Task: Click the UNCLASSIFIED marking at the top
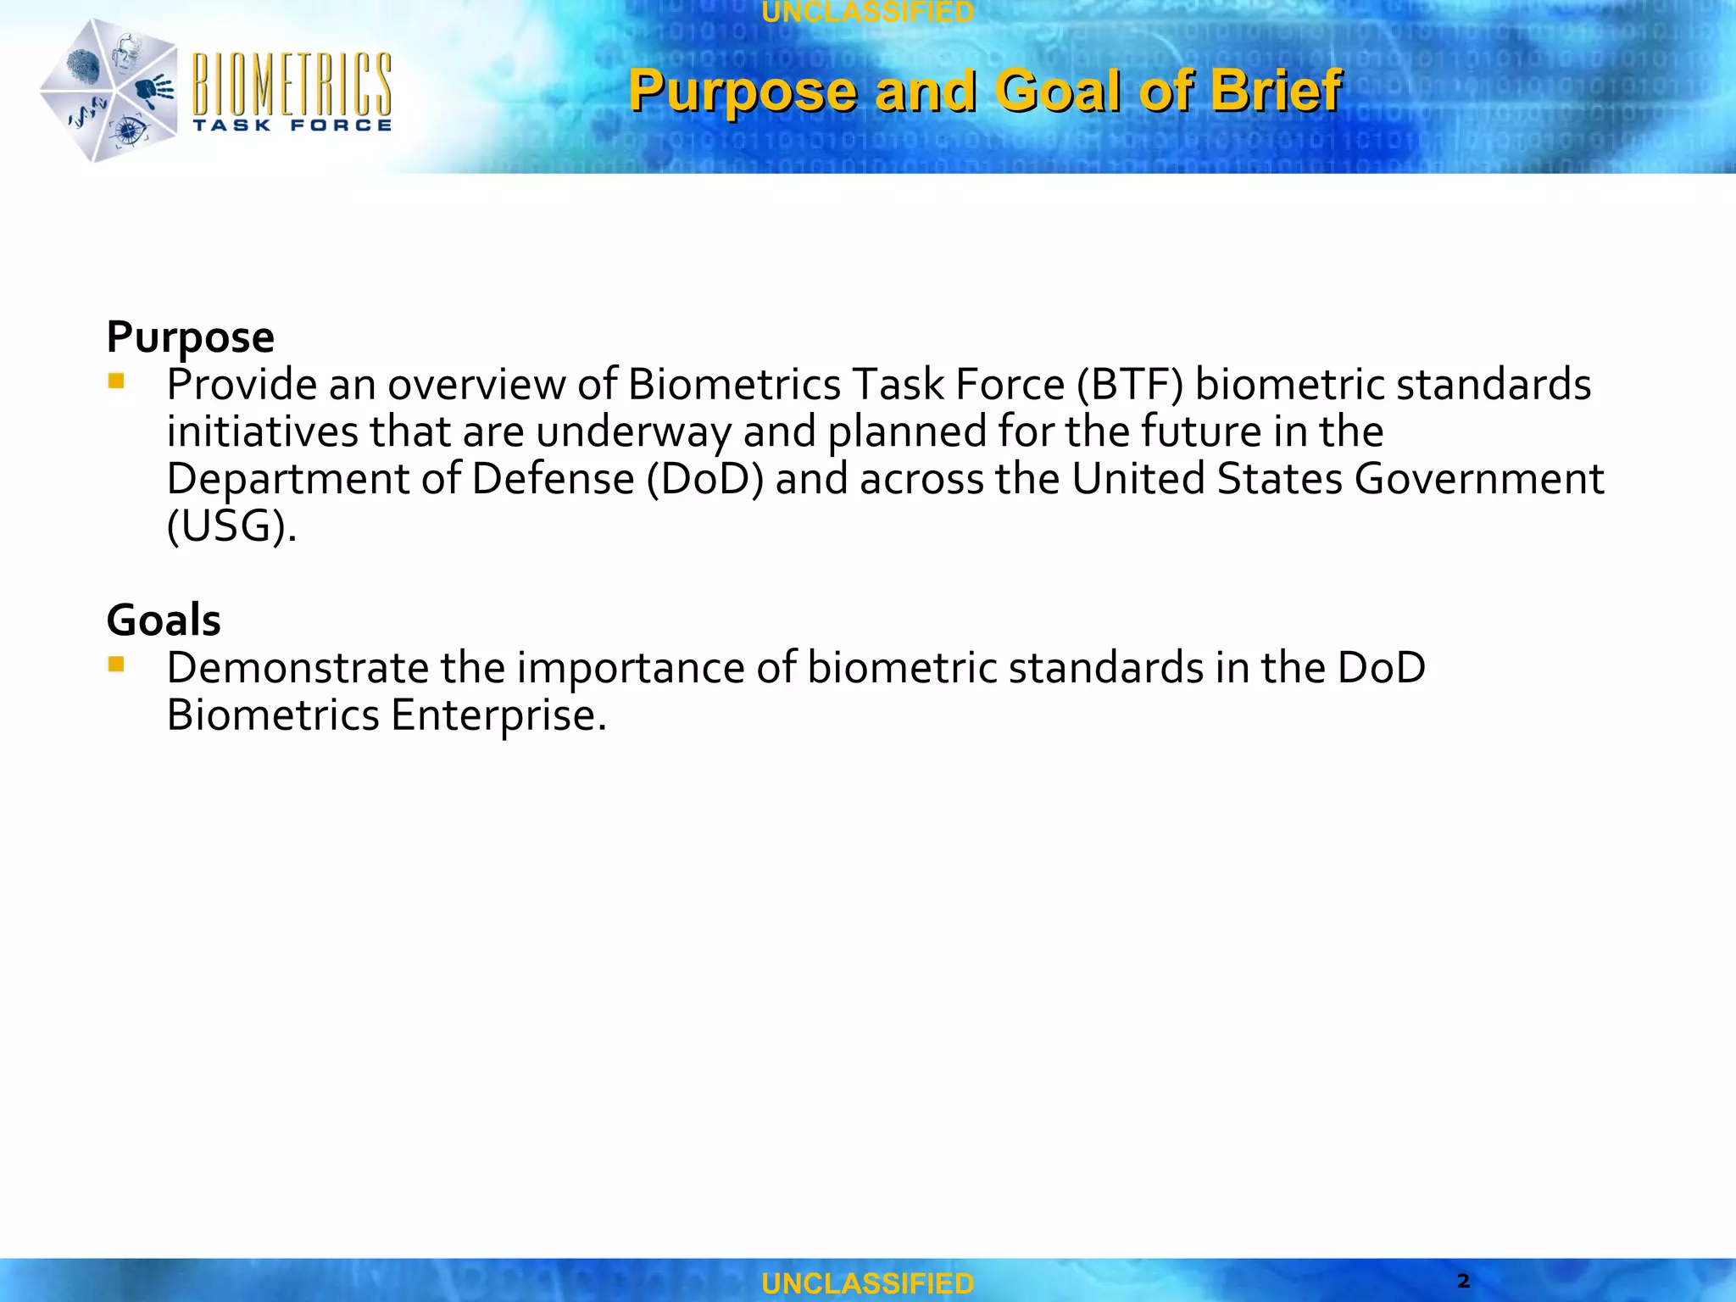click(867, 12)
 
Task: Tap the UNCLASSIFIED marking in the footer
click(867, 1283)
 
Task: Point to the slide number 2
click(1463, 1280)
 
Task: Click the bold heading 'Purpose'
click(190, 337)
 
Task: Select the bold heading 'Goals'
click(164, 620)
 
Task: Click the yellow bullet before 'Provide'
click(116, 381)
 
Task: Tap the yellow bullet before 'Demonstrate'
click(116, 665)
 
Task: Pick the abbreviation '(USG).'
click(231, 526)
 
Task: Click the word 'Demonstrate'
click(298, 668)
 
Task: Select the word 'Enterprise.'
click(498, 715)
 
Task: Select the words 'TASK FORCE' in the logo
click(292, 125)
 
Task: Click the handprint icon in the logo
click(154, 87)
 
